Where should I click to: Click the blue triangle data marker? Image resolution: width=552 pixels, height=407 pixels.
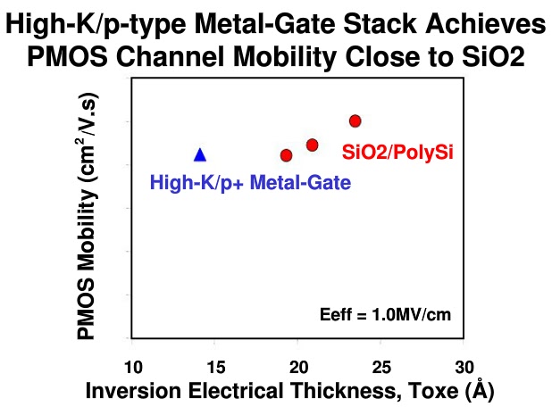(200, 154)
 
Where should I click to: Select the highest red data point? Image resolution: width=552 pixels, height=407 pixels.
(355, 120)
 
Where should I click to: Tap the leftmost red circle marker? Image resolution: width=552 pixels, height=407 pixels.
(286, 155)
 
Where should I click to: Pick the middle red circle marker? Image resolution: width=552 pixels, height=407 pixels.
(312, 145)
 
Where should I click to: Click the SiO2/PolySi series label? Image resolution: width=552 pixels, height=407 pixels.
(397, 153)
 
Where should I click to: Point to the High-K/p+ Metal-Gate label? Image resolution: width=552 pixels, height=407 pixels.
(250, 184)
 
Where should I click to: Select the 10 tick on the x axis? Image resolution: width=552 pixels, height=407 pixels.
(132, 366)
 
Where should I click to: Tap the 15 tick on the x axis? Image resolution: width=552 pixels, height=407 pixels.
(215, 366)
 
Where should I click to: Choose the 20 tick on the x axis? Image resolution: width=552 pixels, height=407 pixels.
(298, 366)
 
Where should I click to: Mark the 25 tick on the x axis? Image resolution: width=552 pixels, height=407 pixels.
(381, 366)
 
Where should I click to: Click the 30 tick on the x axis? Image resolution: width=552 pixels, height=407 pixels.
(464, 366)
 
